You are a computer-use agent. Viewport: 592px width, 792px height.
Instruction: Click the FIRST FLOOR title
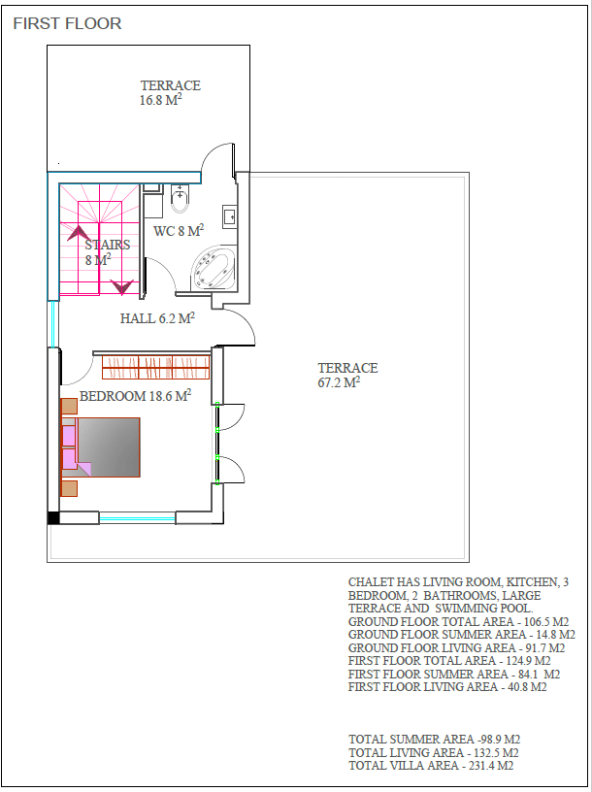click(x=67, y=23)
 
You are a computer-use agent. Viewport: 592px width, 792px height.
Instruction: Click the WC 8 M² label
click(x=179, y=231)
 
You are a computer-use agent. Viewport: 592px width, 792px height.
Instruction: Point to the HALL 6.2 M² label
click(x=157, y=318)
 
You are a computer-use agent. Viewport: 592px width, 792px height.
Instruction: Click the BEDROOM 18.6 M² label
click(x=136, y=396)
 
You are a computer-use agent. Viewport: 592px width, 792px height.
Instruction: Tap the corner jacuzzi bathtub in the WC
click(x=214, y=269)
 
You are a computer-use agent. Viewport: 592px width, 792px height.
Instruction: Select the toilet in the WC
click(x=180, y=199)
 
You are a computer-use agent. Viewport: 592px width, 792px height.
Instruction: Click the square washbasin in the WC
click(x=229, y=217)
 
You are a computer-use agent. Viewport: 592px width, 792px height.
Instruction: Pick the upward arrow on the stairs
click(x=79, y=233)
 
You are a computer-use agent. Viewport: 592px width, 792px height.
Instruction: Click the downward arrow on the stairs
click(x=122, y=287)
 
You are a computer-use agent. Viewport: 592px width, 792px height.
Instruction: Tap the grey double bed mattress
click(x=108, y=447)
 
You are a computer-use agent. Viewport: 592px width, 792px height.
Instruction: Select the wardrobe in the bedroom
click(x=156, y=367)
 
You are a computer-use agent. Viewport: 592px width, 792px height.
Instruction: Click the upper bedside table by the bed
click(x=69, y=406)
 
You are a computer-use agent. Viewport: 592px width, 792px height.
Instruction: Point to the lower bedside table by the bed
click(x=69, y=488)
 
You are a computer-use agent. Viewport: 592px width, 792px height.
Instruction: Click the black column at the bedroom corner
click(x=53, y=517)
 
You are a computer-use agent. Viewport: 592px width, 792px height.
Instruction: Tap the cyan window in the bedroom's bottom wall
click(x=138, y=517)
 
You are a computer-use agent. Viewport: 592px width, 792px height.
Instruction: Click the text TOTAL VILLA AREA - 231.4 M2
click(x=431, y=766)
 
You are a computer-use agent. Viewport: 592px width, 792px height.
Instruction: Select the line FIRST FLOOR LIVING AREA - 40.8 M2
click(x=447, y=687)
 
